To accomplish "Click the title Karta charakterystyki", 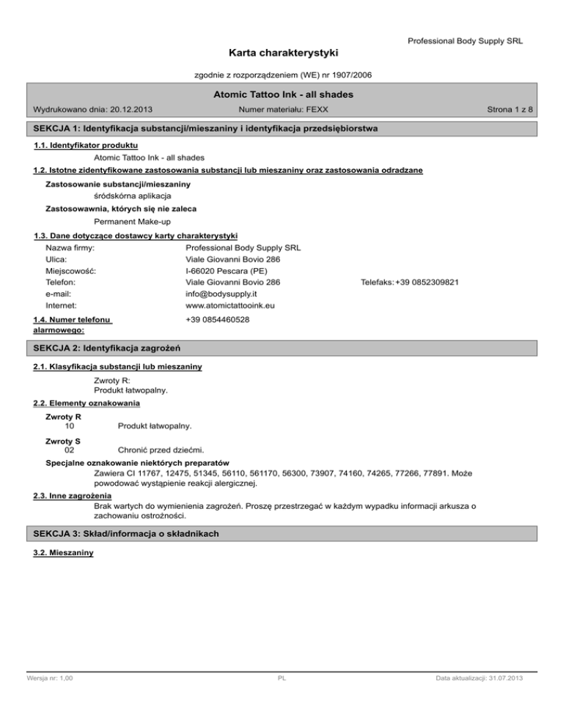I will (x=281, y=53).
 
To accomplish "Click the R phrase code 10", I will (x=69, y=426).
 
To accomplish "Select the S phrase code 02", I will (x=69, y=450).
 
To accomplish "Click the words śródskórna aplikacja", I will (x=133, y=196).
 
